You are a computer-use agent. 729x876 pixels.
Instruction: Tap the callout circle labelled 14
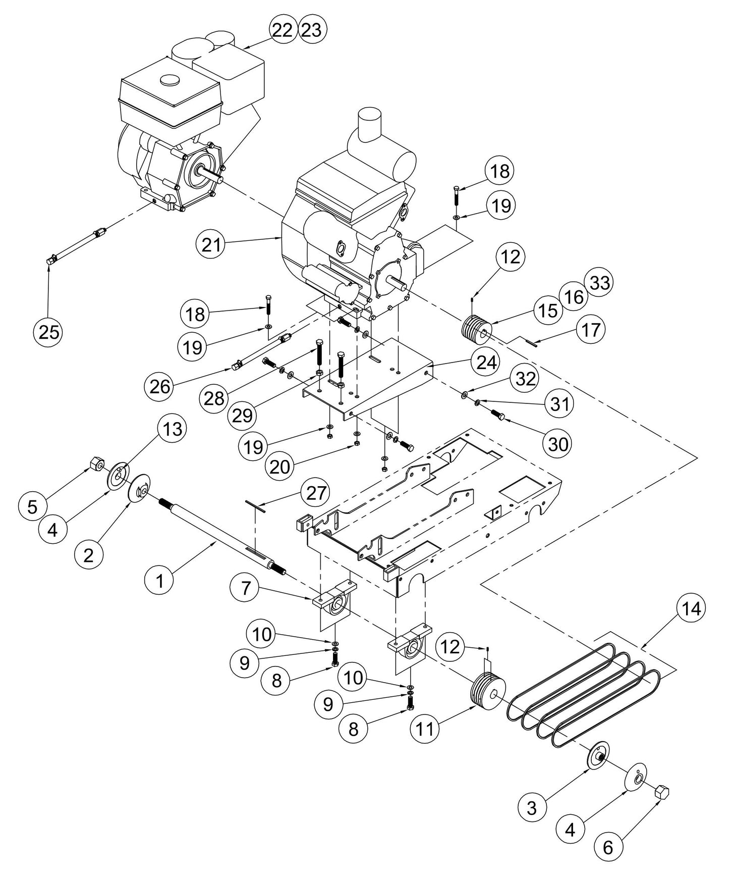691,609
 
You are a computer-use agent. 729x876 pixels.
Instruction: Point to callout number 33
598,282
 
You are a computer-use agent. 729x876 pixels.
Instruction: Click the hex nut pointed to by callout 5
96,462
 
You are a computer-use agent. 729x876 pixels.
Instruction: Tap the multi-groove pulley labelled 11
487,695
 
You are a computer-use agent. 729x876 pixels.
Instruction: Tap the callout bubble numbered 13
172,430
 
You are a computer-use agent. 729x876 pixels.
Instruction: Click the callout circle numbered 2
88,555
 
